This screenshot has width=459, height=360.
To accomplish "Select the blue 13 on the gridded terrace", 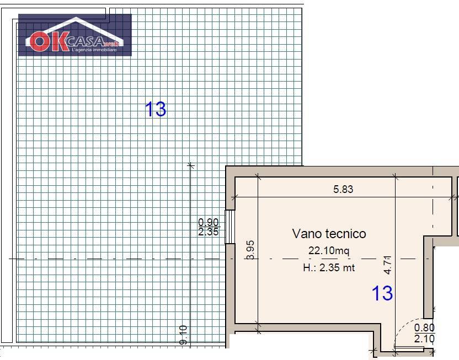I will click(155, 109).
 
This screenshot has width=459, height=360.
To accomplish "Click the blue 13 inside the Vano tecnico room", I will click(382, 293).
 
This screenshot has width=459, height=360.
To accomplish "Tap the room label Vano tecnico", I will click(329, 234).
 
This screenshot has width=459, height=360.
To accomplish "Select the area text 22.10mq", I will click(329, 251).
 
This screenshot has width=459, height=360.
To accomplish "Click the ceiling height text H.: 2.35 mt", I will click(329, 268).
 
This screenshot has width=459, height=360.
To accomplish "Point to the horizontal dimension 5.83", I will click(343, 190).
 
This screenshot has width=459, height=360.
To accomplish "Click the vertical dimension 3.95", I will click(251, 250).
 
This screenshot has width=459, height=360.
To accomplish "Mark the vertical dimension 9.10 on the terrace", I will click(184, 335).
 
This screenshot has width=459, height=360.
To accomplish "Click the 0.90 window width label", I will click(209, 222).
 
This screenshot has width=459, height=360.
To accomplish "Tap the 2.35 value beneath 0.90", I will click(209, 232).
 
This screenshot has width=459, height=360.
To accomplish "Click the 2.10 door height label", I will click(424, 339).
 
